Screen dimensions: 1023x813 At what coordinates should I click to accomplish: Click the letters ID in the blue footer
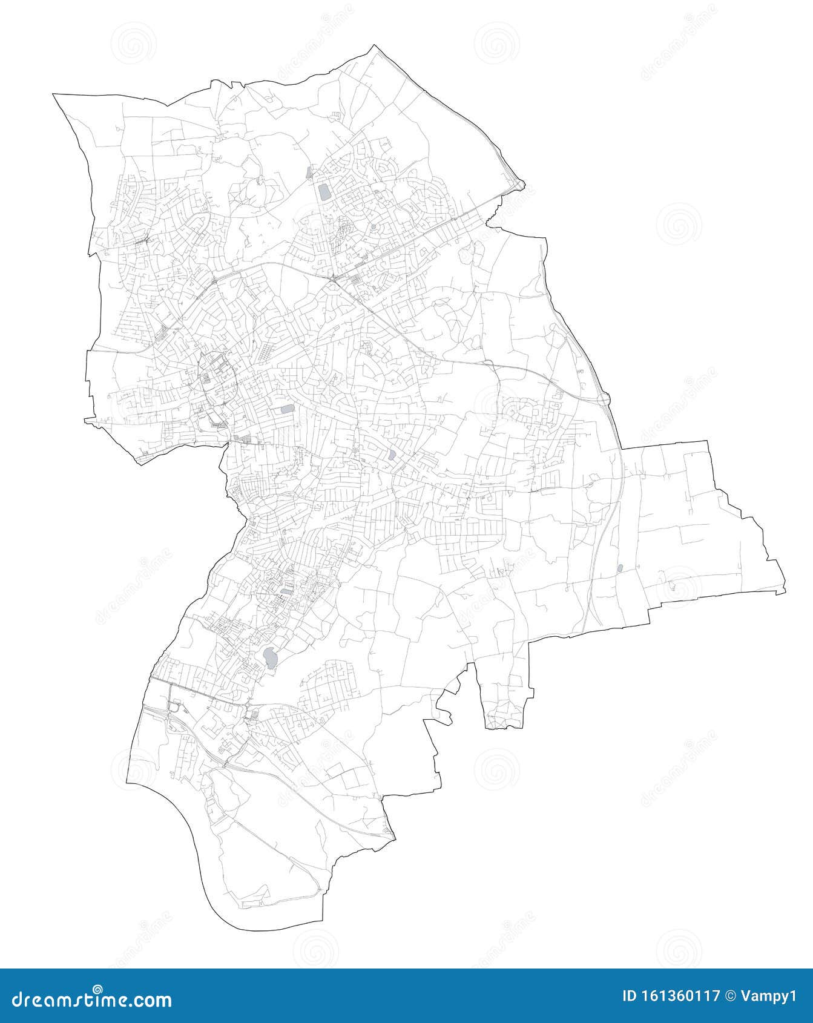(x=631, y=996)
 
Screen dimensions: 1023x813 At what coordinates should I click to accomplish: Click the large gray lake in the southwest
(x=270, y=656)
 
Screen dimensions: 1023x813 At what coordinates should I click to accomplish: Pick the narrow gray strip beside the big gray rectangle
(x=309, y=173)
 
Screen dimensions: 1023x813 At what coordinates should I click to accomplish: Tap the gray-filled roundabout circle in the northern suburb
(x=374, y=228)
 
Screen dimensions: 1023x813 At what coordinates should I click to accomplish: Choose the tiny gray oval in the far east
(x=620, y=568)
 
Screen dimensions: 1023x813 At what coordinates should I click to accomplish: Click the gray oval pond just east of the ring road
(x=286, y=409)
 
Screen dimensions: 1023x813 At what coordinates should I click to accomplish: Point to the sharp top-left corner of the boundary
(x=54, y=94)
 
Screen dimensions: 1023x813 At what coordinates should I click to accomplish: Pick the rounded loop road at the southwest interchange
(x=176, y=706)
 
